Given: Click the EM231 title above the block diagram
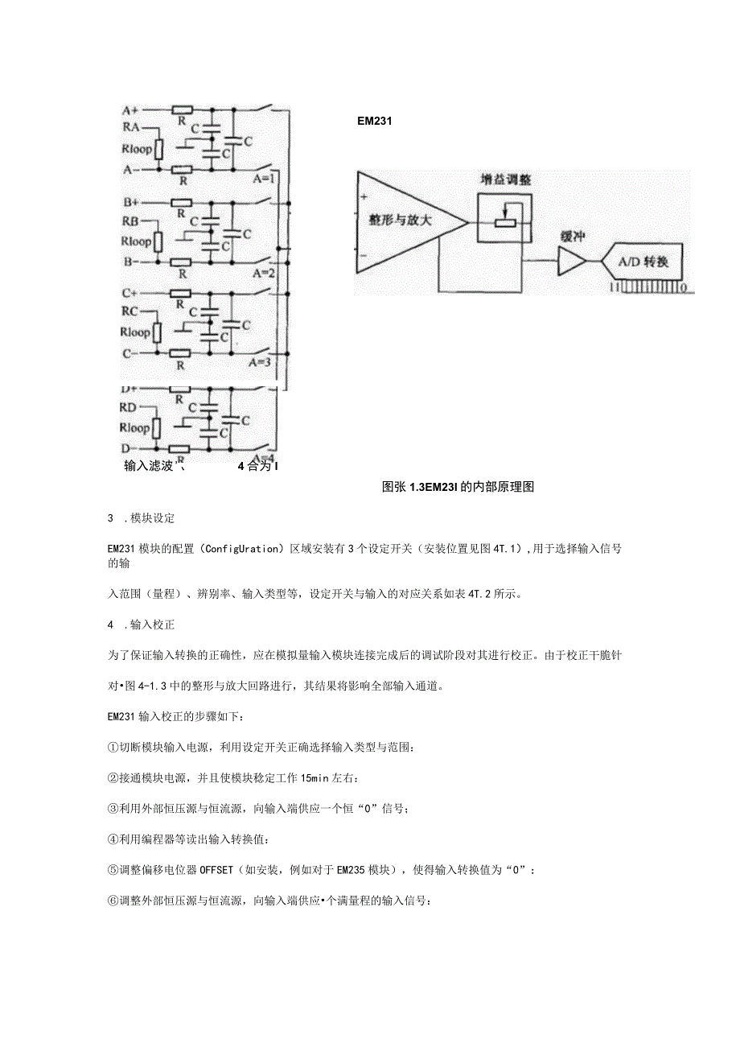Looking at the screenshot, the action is tap(374, 122).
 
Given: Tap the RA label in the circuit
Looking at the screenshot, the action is tap(130, 127).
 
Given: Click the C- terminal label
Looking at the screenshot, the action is tap(130, 353).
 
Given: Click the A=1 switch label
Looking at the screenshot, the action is tap(265, 179).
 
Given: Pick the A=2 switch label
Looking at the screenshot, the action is tap(265, 272).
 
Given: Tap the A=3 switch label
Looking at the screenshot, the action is tap(265, 362).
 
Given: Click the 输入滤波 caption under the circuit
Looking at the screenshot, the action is tap(150, 465).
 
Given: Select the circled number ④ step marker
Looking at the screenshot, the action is tap(113, 839).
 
